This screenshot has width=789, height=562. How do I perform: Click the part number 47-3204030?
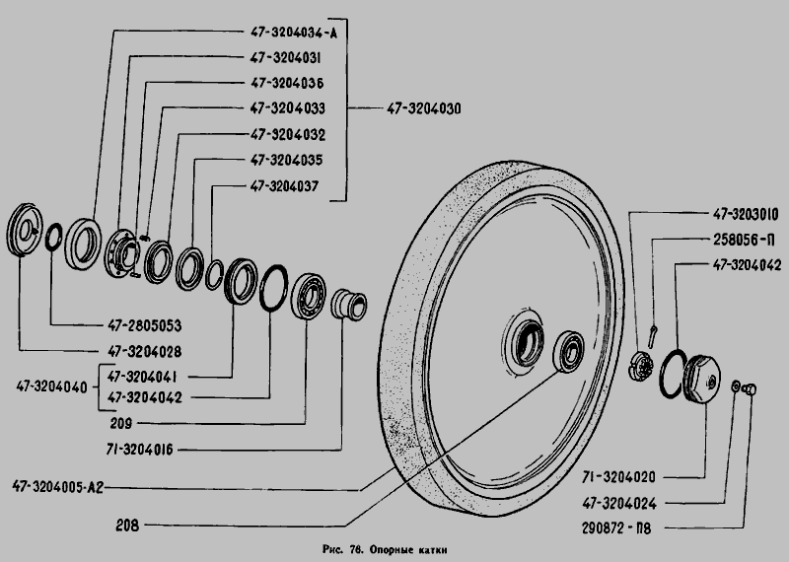(x=424, y=108)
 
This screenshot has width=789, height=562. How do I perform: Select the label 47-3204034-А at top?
(x=294, y=33)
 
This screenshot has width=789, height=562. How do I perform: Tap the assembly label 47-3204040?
(x=52, y=386)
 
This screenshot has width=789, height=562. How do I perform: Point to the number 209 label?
(x=121, y=423)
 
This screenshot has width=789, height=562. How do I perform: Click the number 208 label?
(x=127, y=526)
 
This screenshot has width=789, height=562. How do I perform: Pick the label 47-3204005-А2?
(x=58, y=487)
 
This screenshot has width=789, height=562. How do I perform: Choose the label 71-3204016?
(x=139, y=450)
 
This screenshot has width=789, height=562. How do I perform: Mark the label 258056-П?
(x=744, y=240)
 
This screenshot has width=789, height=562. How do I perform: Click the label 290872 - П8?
(x=616, y=528)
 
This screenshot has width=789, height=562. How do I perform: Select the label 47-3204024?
(x=619, y=503)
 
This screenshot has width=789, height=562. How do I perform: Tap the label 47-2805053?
(x=145, y=325)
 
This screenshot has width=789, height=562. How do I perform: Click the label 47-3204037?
(x=284, y=186)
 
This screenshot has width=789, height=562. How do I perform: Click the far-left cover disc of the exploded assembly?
(x=25, y=230)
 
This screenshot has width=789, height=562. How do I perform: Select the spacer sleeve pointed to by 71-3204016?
(x=349, y=304)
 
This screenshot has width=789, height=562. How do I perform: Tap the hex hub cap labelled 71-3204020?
(x=702, y=379)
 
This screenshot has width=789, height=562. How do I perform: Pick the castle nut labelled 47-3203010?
(x=641, y=366)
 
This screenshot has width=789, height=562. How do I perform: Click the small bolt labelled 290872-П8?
(x=751, y=388)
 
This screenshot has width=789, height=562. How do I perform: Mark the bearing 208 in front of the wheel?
(x=569, y=352)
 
